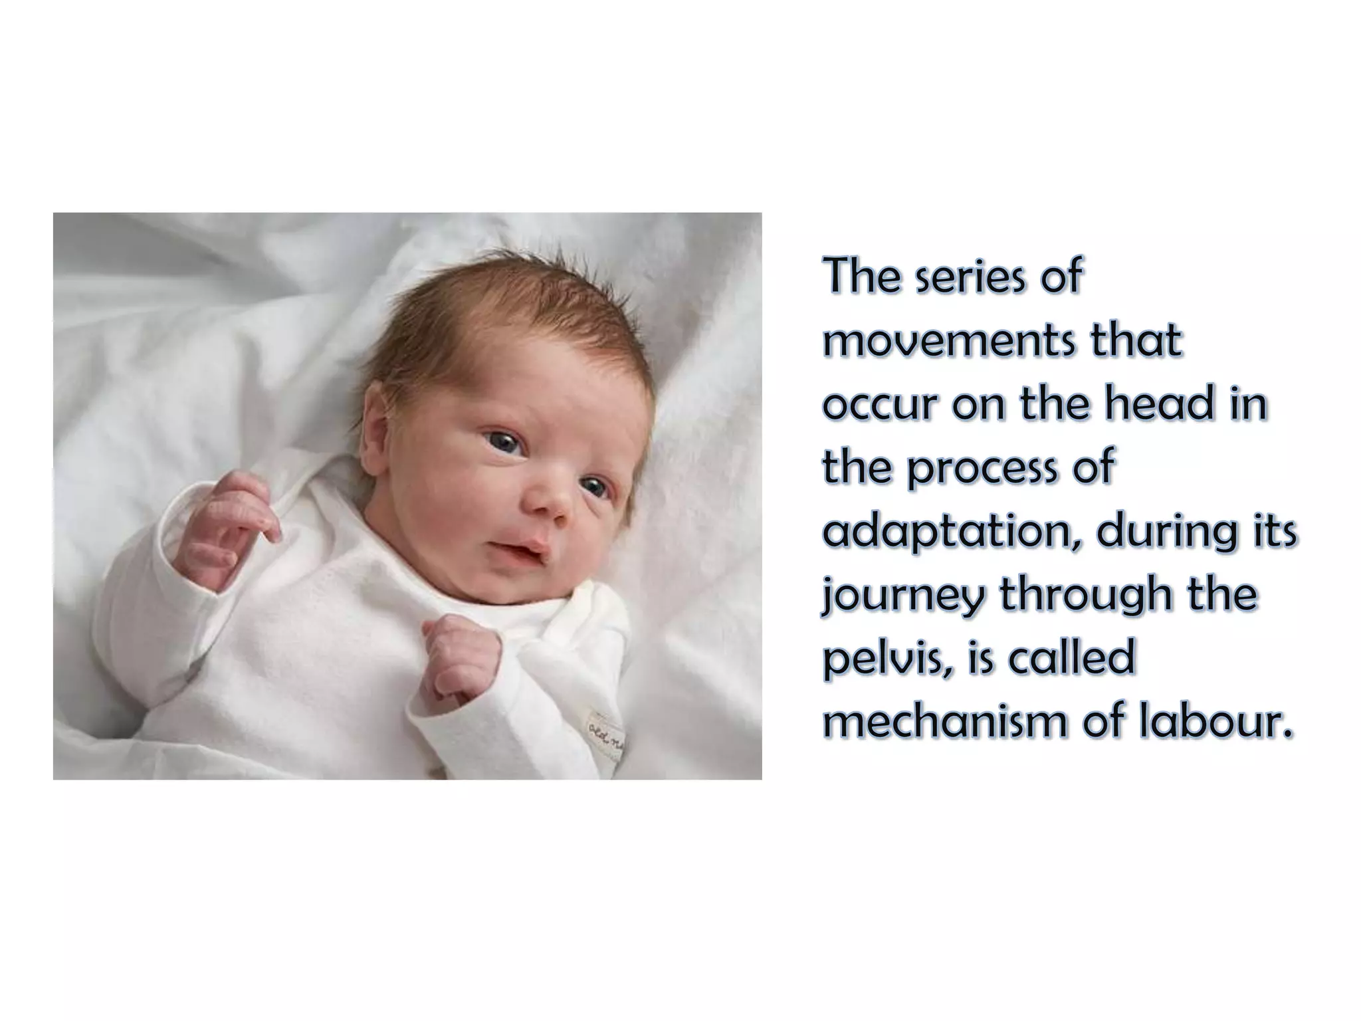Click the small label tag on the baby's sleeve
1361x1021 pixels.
[604, 735]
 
